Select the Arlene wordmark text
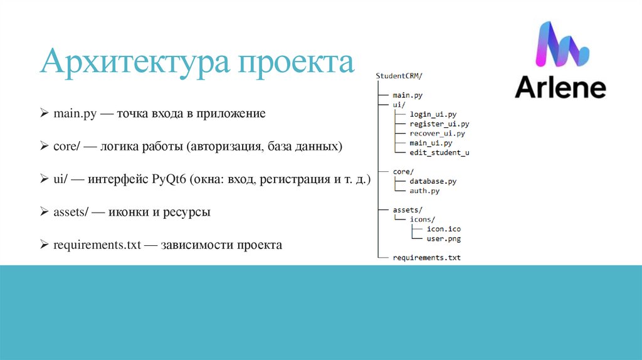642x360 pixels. click(x=560, y=88)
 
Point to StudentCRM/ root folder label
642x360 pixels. click(x=399, y=76)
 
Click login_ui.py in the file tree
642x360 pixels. click(x=433, y=115)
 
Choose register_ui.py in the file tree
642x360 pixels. click(x=439, y=124)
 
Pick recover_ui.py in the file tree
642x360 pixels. click(x=437, y=134)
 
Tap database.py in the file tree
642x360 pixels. click(x=433, y=181)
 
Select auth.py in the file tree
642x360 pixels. click(x=424, y=191)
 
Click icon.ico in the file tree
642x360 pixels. click(x=443, y=229)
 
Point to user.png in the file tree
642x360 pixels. click(x=443, y=238)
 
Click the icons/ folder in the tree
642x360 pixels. click(x=422, y=220)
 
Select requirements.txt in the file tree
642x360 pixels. click(x=426, y=258)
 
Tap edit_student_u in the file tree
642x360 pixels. click(x=439, y=152)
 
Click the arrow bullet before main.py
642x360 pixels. click(x=45, y=114)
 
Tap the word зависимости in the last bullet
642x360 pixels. click(x=197, y=245)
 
